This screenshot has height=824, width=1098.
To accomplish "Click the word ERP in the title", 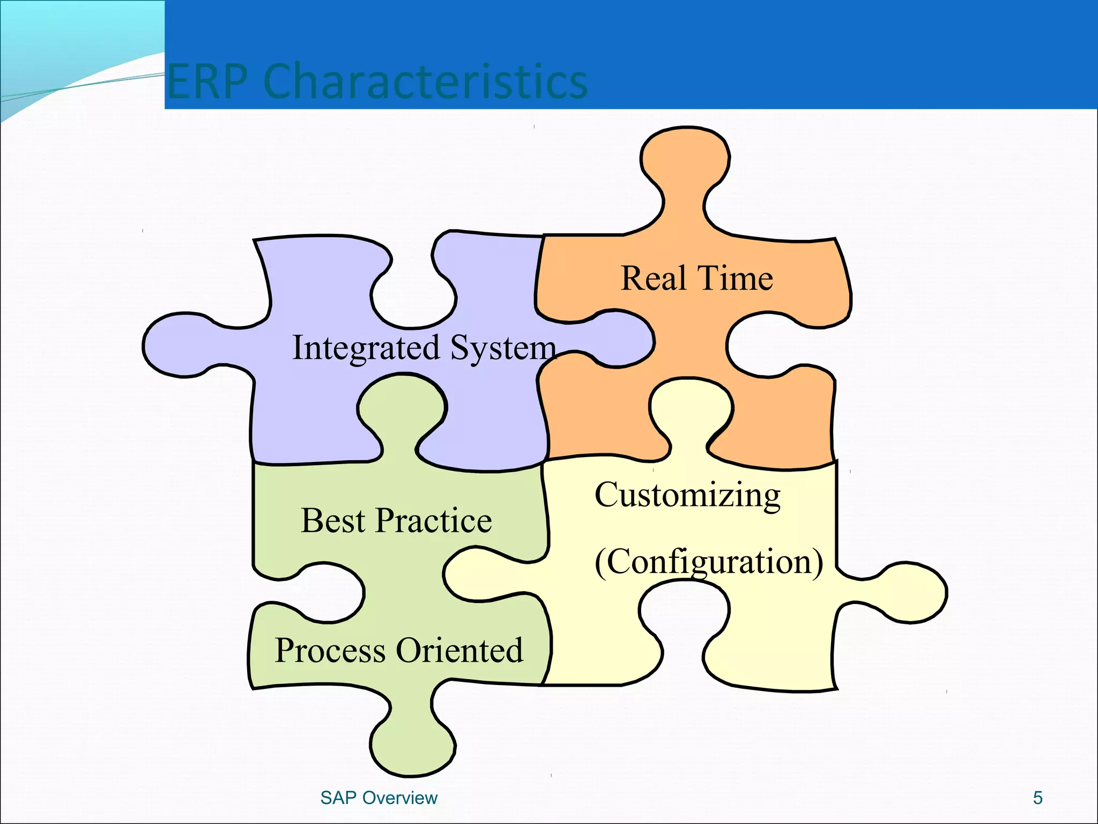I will [x=207, y=82].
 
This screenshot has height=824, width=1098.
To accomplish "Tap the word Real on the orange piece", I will [x=654, y=278].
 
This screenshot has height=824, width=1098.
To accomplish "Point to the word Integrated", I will [x=365, y=348].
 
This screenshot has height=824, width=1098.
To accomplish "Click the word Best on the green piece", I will [x=332, y=520].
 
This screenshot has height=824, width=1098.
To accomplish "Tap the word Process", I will [x=330, y=651].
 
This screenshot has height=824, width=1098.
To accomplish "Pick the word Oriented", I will [x=459, y=650].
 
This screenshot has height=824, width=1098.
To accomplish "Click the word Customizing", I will [x=687, y=495].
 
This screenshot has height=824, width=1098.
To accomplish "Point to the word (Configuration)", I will [x=709, y=563].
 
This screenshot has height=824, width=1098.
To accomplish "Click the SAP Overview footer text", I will [x=379, y=798].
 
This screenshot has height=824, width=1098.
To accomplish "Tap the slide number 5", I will [x=1037, y=798].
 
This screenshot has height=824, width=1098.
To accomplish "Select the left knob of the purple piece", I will [x=177, y=345].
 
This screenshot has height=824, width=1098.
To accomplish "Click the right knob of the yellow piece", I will [x=911, y=592].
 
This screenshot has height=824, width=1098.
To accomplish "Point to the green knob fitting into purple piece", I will [x=402, y=408].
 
